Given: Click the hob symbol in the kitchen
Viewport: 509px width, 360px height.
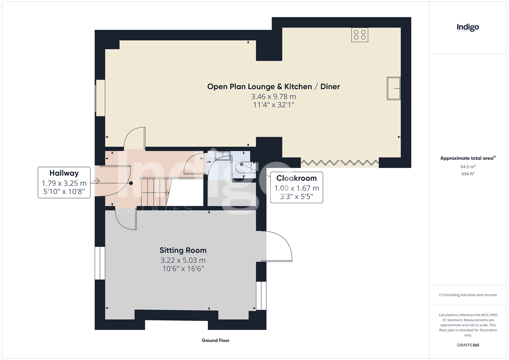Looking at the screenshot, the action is [x=360, y=35].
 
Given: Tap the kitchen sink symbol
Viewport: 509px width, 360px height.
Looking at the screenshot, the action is [x=394, y=88].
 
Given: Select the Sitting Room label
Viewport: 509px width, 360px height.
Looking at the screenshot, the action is [x=183, y=250].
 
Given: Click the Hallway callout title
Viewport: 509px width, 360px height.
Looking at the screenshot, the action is [x=64, y=173].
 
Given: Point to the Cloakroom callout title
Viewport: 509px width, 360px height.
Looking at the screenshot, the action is [x=296, y=178].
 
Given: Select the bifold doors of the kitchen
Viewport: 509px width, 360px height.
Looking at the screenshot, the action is [x=340, y=162].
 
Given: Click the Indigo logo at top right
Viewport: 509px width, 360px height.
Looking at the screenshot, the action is [x=468, y=28].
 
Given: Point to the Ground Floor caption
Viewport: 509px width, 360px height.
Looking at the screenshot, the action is [x=216, y=340].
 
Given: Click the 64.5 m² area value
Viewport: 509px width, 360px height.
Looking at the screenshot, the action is [x=468, y=167].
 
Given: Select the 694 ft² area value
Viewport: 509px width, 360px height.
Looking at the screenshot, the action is [x=468, y=174].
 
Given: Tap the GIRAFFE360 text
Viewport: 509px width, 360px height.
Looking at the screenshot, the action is [x=468, y=345].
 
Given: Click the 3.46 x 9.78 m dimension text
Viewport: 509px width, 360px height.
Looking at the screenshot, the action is [x=273, y=97].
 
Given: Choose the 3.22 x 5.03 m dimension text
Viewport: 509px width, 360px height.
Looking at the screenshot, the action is [x=183, y=260].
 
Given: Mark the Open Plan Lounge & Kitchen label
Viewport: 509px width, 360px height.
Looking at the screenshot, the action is [x=259, y=87].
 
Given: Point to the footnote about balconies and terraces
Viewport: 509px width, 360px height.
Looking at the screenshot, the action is [x=468, y=295].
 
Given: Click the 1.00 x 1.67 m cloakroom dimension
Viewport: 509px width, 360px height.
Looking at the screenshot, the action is [x=296, y=188].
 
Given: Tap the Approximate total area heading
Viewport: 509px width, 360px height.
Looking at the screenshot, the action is [x=468, y=158].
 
